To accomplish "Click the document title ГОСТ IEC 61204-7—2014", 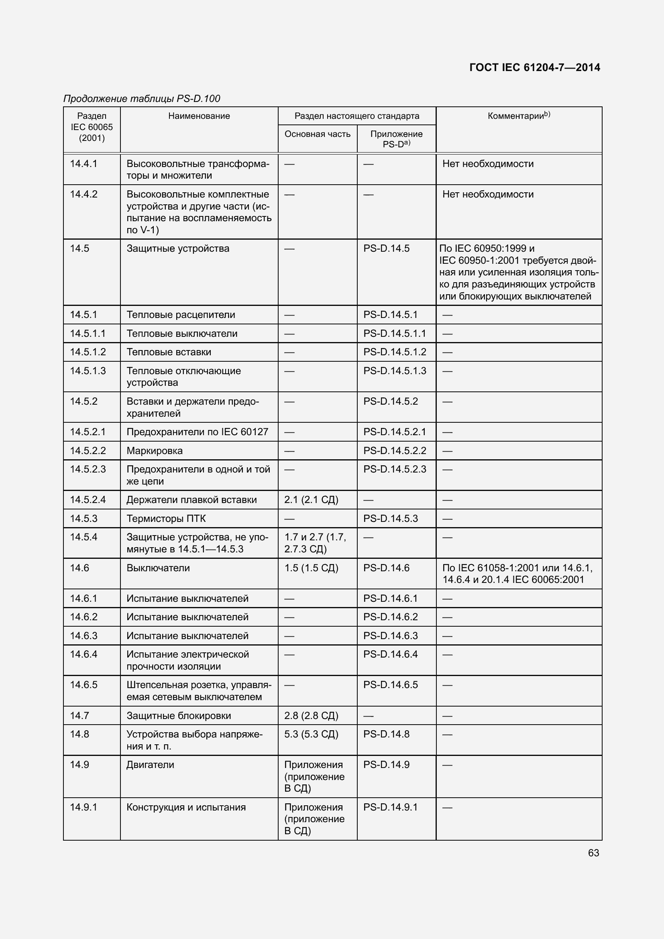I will click(x=534, y=67).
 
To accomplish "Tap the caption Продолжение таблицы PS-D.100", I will click(x=141, y=99).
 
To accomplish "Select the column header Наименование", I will click(x=199, y=116).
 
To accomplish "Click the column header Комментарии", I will click(x=518, y=116).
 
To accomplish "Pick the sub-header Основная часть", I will click(x=317, y=134).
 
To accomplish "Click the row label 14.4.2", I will click(x=84, y=194).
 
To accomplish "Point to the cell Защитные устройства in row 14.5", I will click(x=178, y=248).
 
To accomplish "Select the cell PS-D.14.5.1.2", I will click(x=395, y=352).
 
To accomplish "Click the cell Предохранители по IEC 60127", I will click(x=198, y=432).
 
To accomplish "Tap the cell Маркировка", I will click(x=155, y=451).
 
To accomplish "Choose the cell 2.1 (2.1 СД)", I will click(x=311, y=500).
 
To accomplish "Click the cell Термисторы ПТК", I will click(x=166, y=519).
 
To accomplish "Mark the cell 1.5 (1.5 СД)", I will click(x=311, y=568).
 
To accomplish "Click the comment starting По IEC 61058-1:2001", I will click(x=517, y=574).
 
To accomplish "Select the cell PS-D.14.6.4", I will click(x=391, y=654).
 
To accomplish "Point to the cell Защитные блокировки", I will click(x=179, y=716).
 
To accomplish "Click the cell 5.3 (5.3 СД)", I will click(x=311, y=734).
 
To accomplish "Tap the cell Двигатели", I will click(x=150, y=765).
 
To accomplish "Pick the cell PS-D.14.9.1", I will click(x=391, y=807).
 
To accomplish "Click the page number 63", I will click(x=593, y=853).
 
